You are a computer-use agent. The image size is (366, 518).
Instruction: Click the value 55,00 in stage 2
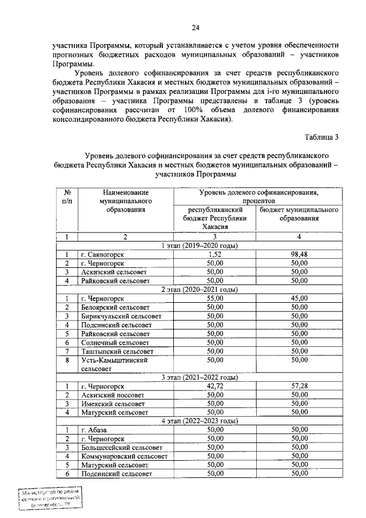(214, 298)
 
